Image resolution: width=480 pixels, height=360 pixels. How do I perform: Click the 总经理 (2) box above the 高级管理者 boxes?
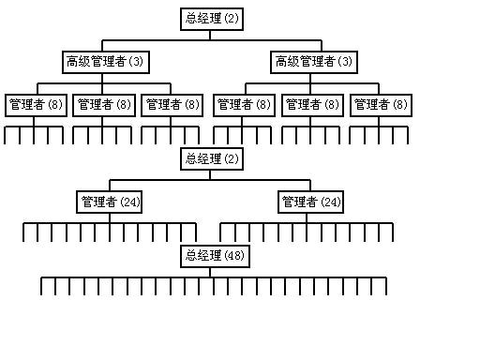pos(211,18)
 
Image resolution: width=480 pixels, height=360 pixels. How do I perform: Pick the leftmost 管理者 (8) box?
pos(35,105)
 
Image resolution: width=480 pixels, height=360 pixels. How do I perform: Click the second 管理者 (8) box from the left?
pos(103,105)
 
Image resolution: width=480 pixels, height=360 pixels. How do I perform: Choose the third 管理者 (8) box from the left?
pos(172,105)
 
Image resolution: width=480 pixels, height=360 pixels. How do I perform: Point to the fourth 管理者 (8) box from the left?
pos(244,105)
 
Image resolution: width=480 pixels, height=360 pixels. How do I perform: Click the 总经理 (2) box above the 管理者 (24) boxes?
pos(211,158)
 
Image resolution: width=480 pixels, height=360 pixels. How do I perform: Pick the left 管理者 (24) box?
pos(110,202)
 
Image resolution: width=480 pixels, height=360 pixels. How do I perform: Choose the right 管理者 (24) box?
pos(310,202)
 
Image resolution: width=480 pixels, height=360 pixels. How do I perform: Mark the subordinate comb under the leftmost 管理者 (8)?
pos(34,128)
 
